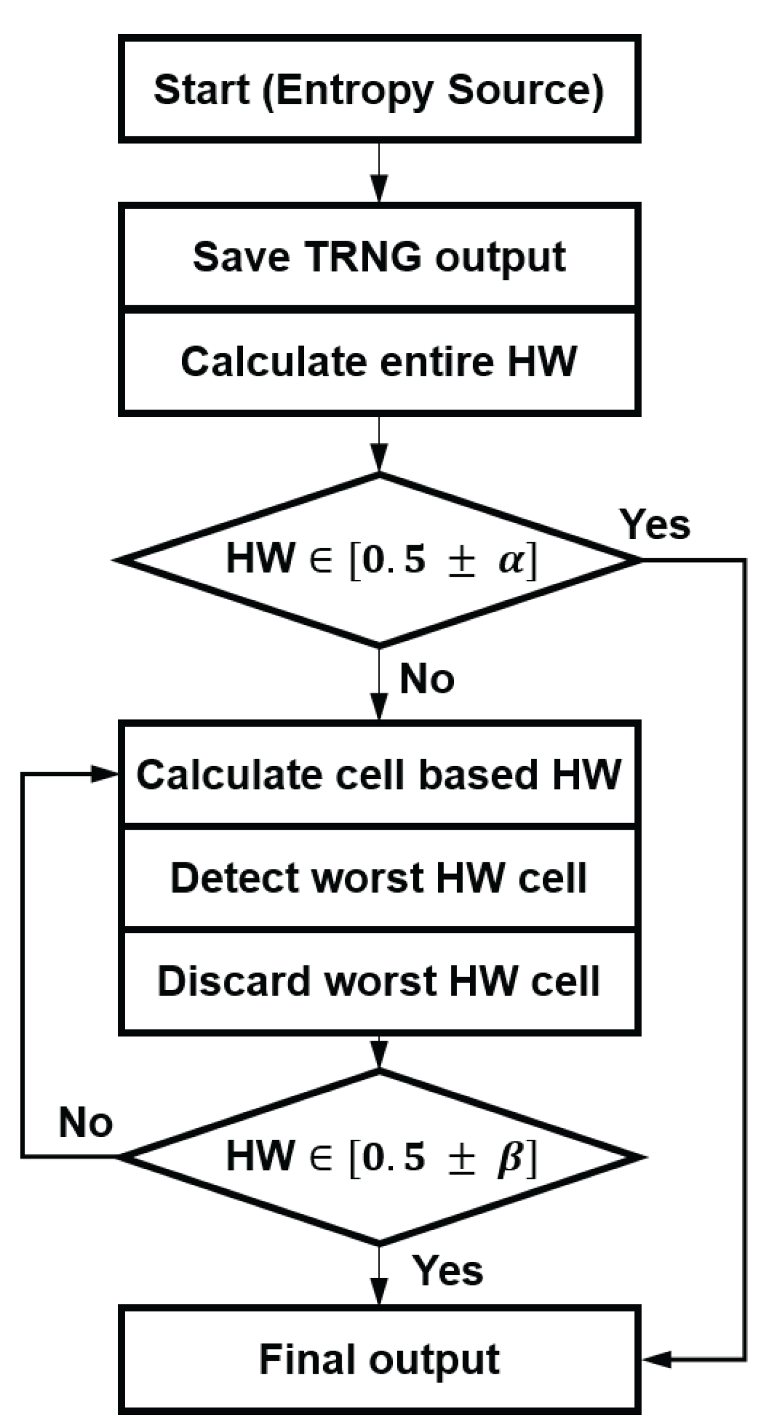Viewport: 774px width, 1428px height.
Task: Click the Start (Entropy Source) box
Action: click(x=379, y=89)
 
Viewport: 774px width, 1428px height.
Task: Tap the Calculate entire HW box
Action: click(x=379, y=361)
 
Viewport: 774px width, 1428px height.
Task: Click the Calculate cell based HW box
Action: click(x=379, y=774)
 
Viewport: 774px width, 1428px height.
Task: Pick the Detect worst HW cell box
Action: click(x=379, y=878)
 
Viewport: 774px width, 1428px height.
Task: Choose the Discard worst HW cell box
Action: click(x=379, y=981)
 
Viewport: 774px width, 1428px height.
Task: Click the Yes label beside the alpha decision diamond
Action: click(x=655, y=524)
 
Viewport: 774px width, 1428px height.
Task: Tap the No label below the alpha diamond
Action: click(x=427, y=679)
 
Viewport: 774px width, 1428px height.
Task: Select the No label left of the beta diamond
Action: click(x=85, y=1121)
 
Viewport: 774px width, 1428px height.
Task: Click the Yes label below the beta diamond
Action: click(x=448, y=1271)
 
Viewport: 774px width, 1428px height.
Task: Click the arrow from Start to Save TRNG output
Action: click(x=379, y=173)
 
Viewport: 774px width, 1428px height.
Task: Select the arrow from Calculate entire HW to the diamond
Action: click(x=379, y=444)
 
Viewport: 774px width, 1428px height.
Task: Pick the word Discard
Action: click(x=234, y=981)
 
